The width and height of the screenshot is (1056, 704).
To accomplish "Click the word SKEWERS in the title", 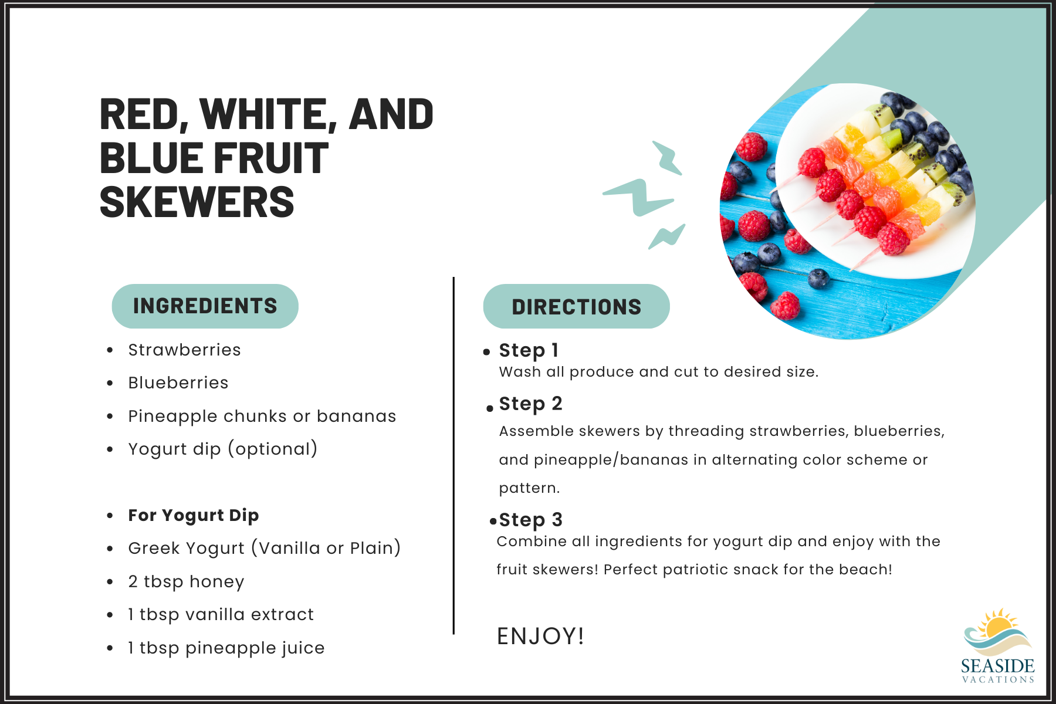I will pos(197,202).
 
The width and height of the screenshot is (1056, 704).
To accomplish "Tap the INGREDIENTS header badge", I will pos(205,306).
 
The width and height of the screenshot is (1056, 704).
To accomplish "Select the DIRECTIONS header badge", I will pos(576,307).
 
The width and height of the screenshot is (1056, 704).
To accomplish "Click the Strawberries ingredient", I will pos(184,350).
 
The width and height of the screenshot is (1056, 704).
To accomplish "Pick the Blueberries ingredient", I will pos(178,383).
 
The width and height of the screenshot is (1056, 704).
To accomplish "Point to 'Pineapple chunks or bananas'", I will pos(262,417).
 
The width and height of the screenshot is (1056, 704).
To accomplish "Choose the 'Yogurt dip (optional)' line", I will pos(223,449).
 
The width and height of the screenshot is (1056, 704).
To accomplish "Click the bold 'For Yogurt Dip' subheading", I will pos(194,515).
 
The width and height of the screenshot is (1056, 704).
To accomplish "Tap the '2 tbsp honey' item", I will pos(186,581).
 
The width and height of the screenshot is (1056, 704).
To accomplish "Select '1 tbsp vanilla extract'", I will pos(221,615).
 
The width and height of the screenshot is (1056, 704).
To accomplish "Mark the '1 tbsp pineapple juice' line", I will pos(226,648).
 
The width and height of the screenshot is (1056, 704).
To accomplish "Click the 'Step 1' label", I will pos(529,350).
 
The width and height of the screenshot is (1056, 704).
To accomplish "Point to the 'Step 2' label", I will pos(530,404).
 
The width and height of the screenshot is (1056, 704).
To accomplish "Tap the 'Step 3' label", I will pos(530,520).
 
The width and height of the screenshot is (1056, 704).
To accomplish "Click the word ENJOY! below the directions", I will pos(540,636).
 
